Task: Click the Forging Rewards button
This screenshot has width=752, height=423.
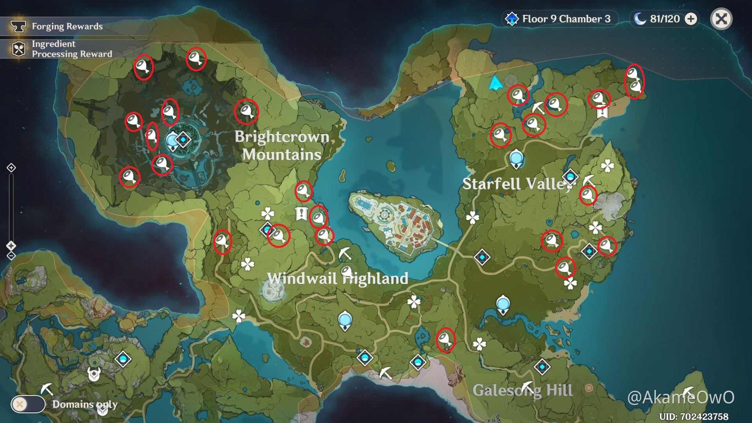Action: click(67, 26)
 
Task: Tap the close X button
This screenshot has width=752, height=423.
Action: click(721, 19)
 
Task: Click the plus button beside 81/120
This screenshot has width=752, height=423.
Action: click(691, 19)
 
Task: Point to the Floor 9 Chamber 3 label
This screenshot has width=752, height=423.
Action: click(566, 19)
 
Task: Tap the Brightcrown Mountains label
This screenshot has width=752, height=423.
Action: click(282, 145)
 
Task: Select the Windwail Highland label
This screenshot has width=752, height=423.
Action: click(338, 278)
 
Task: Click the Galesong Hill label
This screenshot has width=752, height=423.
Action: click(522, 390)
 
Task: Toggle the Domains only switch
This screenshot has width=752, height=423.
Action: click(28, 404)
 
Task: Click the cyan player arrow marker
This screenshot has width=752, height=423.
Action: click(495, 83)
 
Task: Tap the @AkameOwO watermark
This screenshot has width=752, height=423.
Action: click(681, 397)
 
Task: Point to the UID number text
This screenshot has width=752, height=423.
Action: click(694, 416)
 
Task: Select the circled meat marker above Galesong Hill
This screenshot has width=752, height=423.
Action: click(445, 339)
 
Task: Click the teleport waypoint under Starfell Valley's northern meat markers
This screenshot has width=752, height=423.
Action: click(516, 159)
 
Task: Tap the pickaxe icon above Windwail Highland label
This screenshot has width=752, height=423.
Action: click(345, 254)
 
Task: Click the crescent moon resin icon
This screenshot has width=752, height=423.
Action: click(640, 19)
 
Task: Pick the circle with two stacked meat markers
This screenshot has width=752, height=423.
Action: click(634, 81)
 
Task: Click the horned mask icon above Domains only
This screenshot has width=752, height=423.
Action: click(94, 374)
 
